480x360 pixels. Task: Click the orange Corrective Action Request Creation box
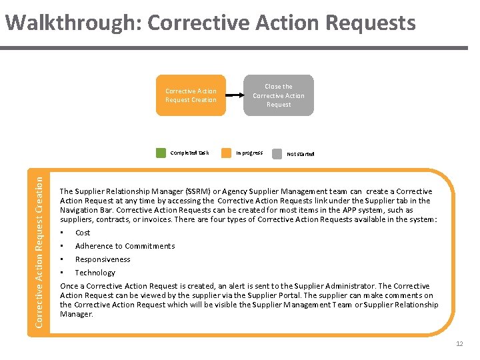tap(191, 95)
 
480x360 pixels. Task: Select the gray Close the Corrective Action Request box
tap(279, 95)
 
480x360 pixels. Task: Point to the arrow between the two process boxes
tap(235, 95)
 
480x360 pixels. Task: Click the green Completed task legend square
tap(161, 153)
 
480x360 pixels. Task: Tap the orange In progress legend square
tap(226, 153)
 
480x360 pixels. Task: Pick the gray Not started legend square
tap(277, 153)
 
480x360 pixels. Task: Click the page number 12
tap(459, 344)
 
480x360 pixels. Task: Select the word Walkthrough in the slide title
tap(72, 23)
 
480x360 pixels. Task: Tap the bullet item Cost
tap(83, 233)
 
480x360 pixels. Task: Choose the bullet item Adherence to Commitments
tap(125, 246)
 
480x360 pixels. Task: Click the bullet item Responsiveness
tap(103, 259)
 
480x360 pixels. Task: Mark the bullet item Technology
tap(95, 273)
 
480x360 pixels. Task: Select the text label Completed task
tap(189, 153)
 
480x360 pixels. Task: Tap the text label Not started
tap(300, 153)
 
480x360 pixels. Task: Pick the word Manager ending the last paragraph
tap(76, 314)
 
